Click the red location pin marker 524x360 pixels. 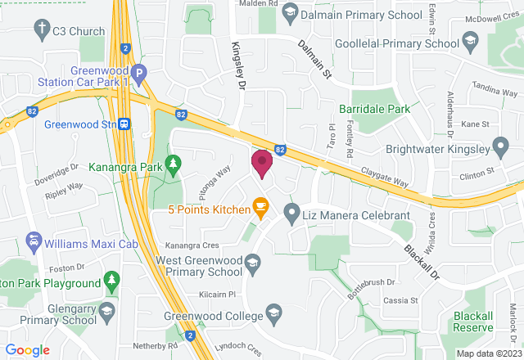pos(261,163)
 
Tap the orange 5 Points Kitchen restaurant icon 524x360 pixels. pos(261,209)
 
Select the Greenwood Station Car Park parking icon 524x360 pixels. pos(139,73)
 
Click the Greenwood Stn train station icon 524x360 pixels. pos(124,124)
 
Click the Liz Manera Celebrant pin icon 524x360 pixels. pos(291,214)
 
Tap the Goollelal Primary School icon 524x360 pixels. pos(470,42)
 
